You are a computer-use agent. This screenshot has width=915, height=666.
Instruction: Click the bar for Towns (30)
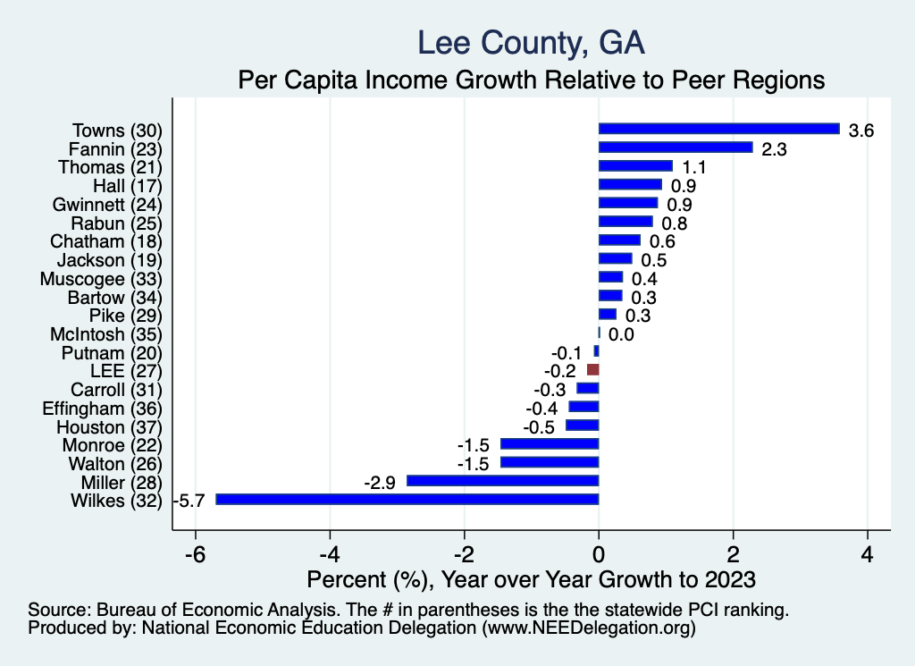[x=718, y=129]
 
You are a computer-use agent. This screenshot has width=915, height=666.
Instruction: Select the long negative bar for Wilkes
[x=407, y=500]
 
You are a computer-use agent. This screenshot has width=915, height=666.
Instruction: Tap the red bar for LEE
[x=592, y=369]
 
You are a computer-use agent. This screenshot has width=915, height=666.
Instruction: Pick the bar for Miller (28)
[x=502, y=481]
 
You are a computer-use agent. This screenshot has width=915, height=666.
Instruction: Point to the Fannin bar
[x=676, y=148]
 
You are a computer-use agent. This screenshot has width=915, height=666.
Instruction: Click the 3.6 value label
[x=860, y=131]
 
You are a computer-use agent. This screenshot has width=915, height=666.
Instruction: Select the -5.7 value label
[x=192, y=501]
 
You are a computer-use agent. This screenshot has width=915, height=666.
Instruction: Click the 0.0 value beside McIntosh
[x=621, y=334]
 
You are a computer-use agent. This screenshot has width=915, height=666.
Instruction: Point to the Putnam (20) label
[x=112, y=352]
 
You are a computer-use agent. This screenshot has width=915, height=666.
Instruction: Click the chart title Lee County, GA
[x=531, y=42]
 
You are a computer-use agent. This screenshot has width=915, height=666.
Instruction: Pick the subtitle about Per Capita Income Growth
[x=531, y=80]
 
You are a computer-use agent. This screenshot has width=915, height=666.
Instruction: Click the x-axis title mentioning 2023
[x=531, y=579]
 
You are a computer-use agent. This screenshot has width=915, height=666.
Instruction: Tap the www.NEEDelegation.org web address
[x=589, y=628]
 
